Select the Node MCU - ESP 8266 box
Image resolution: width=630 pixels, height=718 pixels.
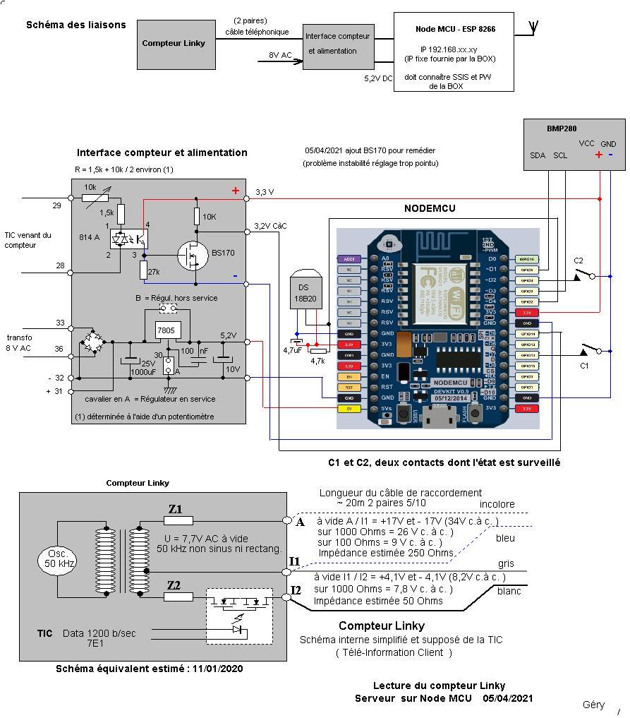coord(453,52)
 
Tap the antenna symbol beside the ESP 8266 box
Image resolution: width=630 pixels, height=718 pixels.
coord(534,27)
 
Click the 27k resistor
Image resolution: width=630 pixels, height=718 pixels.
coord(144,270)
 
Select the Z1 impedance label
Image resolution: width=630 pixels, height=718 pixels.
coord(175,510)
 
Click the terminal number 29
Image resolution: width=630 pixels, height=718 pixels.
coord(56,205)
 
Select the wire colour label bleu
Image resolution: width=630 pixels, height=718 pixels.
coord(506,539)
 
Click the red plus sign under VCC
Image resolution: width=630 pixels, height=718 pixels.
coord(599,155)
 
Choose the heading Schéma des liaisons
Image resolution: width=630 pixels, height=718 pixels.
coord(76,25)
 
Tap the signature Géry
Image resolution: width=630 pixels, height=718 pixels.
coord(593,705)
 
